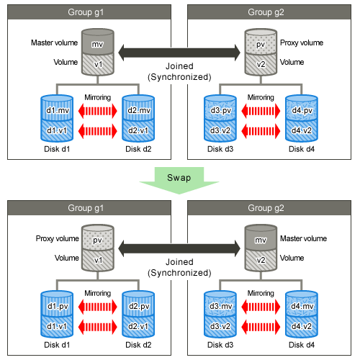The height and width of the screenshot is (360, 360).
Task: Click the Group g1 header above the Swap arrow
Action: [89, 12]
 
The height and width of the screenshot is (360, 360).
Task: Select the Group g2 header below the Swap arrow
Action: [269, 208]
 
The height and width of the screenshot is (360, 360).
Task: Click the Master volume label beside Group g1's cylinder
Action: [55, 42]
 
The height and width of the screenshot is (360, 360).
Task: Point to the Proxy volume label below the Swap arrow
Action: [58, 238]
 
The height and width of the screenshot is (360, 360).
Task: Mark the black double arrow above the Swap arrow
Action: [179, 53]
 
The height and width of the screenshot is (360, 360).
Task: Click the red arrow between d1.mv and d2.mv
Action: [98, 111]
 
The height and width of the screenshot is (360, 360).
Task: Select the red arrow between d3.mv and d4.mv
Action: [261, 307]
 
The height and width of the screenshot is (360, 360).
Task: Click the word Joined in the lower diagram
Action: [179, 262]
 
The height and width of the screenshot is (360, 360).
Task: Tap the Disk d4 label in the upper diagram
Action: [302, 149]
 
